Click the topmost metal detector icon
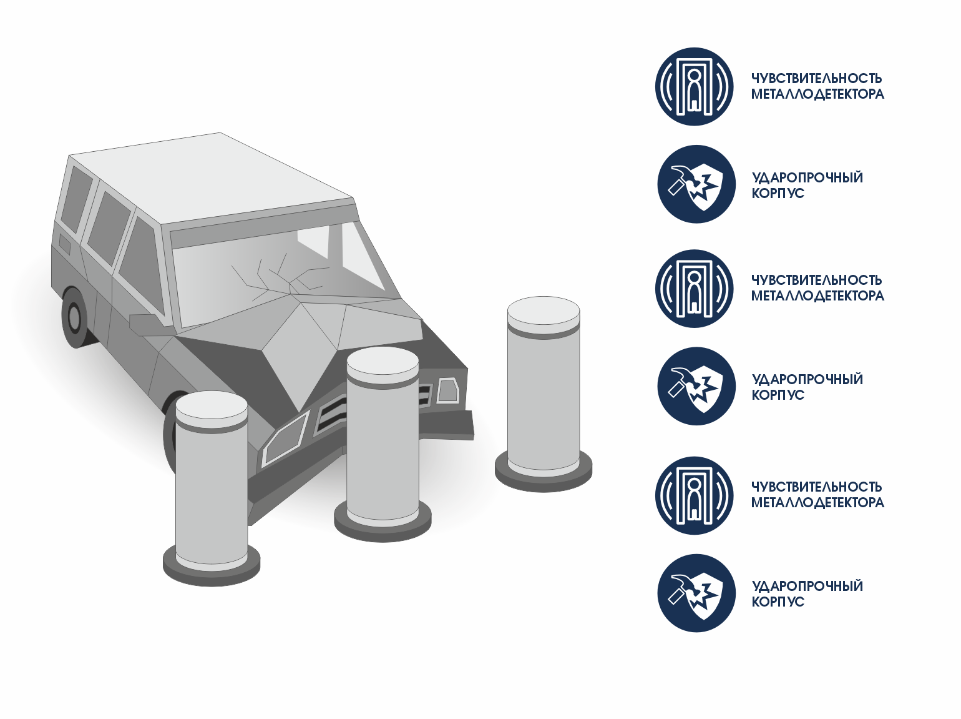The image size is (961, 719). point(694,86)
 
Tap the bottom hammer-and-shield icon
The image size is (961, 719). point(696,593)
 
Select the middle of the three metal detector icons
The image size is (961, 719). point(694,289)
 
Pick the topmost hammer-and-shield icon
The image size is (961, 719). point(696,184)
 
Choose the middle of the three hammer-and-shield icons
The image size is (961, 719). point(696,386)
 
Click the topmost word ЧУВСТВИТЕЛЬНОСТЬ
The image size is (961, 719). point(816,79)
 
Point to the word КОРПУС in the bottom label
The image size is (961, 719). point(778,602)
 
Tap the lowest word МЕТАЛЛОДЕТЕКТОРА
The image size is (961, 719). point(818,502)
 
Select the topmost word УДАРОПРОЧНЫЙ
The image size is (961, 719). point(807,177)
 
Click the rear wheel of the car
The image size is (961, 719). point(74,316)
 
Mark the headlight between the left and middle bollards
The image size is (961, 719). point(285,439)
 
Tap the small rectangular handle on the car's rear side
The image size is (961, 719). point(64,244)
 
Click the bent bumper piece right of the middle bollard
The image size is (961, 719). point(447,425)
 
